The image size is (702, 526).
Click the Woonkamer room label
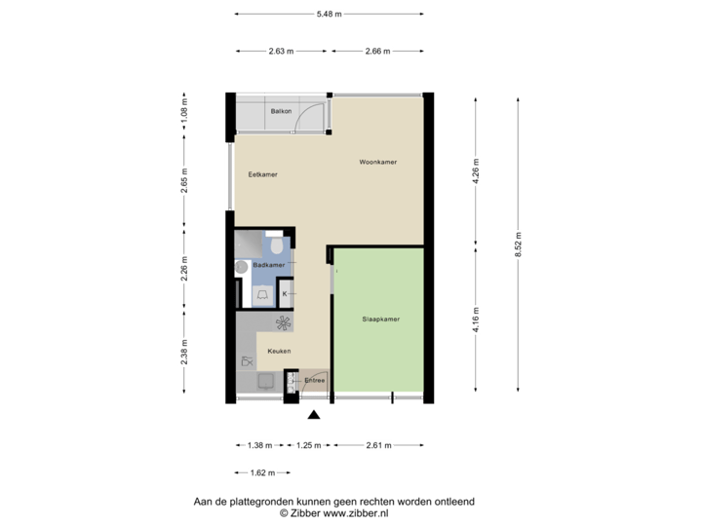[377, 162]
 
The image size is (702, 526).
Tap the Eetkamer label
[263, 174]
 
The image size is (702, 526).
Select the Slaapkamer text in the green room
[381, 319]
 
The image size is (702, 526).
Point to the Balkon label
[282, 111]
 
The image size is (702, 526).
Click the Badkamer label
[268, 265]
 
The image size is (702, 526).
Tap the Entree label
[314, 380]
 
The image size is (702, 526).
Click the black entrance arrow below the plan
[314, 416]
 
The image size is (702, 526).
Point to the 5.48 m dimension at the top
[330, 14]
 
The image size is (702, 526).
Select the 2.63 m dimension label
[281, 51]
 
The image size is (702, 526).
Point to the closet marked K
[285, 293]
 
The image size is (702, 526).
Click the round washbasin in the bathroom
[240, 266]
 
